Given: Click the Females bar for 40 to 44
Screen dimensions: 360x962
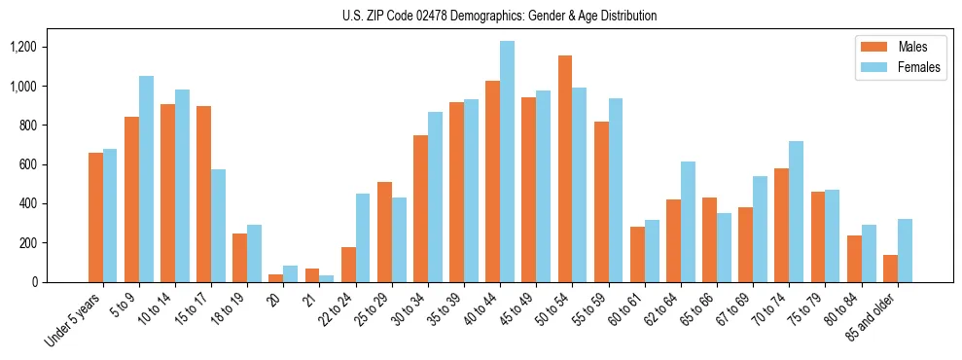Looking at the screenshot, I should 507,162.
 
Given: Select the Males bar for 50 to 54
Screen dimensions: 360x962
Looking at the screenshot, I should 565,168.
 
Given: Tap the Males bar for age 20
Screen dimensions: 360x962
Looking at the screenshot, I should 275,278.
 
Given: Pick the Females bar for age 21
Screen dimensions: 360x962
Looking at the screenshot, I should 327,279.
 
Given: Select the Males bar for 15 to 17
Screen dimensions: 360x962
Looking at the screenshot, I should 203,194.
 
